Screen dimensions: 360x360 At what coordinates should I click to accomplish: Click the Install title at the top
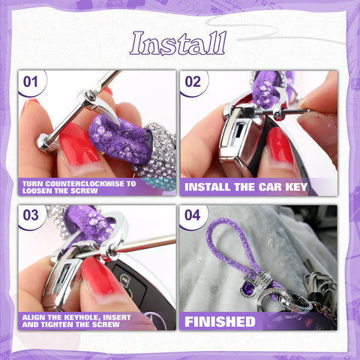[x=178, y=43]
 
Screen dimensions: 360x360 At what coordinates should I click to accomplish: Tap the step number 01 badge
[x=31, y=81]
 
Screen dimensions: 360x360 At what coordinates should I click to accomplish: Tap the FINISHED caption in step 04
[x=220, y=322]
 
